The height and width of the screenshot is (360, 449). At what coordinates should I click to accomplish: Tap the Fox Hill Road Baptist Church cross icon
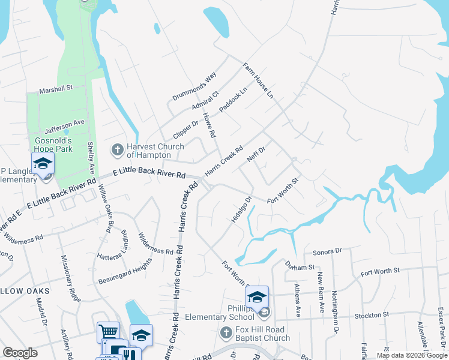click(x=226, y=332)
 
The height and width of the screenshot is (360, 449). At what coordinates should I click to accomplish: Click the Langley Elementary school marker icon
click(x=43, y=163)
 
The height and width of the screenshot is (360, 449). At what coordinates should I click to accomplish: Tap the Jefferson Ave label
click(x=68, y=122)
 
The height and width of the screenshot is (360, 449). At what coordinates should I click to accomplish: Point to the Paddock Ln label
click(x=233, y=99)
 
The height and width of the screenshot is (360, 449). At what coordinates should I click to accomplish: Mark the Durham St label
click(x=300, y=266)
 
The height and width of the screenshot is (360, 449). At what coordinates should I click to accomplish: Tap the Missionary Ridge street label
click(x=70, y=278)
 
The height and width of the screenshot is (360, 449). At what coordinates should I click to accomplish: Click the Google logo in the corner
click(x=20, y=353)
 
